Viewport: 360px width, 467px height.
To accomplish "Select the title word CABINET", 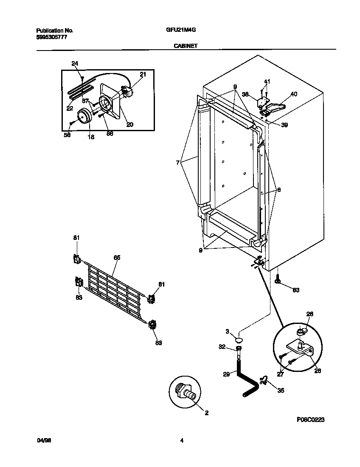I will [185, 45].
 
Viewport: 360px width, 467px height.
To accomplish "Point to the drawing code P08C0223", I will [310, 419].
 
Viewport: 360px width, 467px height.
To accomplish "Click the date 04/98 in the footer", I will [43, 441].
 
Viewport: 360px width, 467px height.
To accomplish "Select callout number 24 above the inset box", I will [75, 64].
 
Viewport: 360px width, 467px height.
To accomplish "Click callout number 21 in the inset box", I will [143, 74].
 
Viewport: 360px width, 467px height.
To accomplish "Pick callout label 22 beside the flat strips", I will [69, 108].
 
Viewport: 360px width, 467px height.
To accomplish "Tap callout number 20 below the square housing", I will [130, 124].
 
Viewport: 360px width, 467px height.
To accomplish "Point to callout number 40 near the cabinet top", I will [294, 94].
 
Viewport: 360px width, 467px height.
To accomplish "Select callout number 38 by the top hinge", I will [245, 94].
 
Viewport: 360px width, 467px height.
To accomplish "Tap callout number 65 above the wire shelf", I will [117, 258].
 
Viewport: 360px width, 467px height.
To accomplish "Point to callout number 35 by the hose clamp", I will [281, 390].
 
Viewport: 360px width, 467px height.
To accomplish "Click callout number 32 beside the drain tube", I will [221, 347].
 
